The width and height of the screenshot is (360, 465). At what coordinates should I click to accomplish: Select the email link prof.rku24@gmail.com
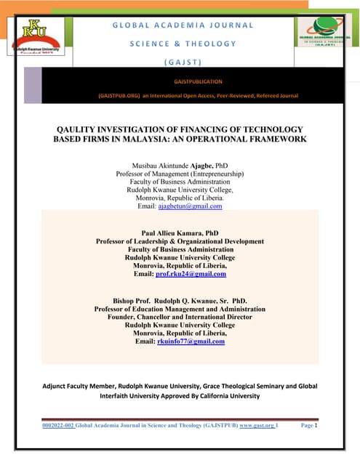[x=191, y=274]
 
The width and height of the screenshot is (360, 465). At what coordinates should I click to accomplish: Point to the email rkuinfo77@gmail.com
[x=190, y=341]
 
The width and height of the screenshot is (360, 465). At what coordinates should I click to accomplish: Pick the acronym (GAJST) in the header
[x=183, y=61]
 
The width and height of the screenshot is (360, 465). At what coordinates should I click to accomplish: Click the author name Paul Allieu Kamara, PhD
[x=179, y=233]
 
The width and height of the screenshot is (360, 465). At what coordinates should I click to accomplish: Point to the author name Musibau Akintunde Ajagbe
[x=174, y=166]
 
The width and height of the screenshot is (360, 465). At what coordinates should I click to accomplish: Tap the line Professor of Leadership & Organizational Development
[x=180, y=241]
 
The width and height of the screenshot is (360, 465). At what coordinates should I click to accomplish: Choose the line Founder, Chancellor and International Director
[x=180, y=317]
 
